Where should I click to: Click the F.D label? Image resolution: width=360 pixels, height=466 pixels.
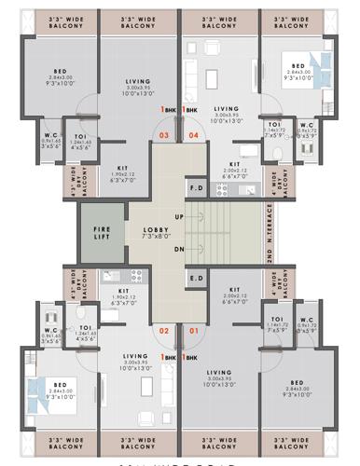197,187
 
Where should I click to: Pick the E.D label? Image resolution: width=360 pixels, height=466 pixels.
197,277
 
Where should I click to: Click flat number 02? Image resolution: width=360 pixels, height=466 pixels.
164,331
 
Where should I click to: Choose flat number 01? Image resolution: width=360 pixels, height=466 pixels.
194,331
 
